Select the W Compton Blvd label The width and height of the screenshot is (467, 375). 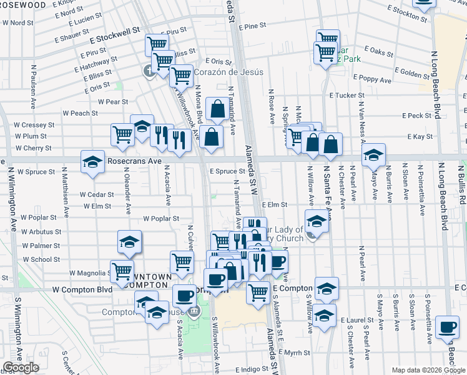pyautogui.click(x=82, y=290)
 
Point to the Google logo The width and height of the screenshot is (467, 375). pyautogui.click(x=21, y=367)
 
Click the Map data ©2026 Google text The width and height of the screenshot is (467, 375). pyautogui.click(x=428, y=371)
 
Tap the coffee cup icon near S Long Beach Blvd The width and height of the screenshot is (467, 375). pyautogui.click(x=447, y=327)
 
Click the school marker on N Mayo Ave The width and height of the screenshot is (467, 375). pyautogui.click(x=374, y=154)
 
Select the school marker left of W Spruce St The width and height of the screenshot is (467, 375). pyautogui.click(x=92, y=161)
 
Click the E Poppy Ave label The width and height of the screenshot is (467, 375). pyautogui.click(x=371, y=80)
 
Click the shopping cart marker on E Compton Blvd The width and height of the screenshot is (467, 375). pyautogui.click(x=258, y=291)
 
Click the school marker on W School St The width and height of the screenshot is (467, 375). pyautogui.click(x=129, y=241)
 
